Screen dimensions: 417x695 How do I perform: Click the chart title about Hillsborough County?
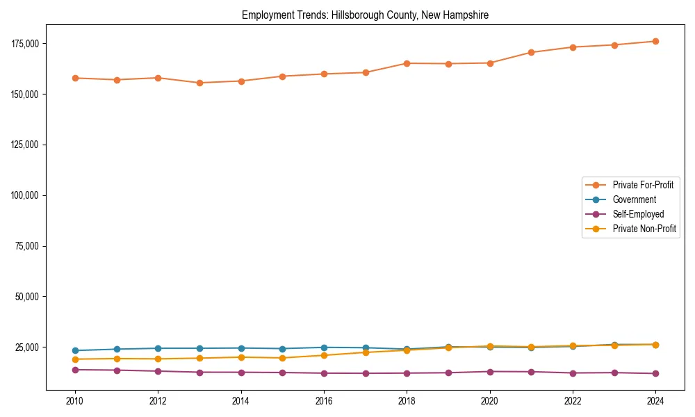365,15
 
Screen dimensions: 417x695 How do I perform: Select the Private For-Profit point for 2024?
655,41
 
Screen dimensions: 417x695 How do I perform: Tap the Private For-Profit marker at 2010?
75,78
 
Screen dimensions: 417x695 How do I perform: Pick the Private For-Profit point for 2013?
199,83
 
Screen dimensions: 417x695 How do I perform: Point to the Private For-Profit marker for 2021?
531,52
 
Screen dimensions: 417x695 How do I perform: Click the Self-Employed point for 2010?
75,370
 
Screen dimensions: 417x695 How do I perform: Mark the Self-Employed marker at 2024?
655,373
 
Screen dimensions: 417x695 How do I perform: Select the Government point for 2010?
75,350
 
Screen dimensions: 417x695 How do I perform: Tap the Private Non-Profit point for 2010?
75,359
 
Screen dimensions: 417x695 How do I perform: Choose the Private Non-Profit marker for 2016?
324,355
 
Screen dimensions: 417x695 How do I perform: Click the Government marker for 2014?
241,348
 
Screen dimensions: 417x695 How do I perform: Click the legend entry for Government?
634,199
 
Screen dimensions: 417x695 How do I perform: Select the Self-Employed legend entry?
638,214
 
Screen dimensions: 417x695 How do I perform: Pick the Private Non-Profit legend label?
644,229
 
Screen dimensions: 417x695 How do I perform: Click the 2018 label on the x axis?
407,401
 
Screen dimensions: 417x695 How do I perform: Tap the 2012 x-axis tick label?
158,401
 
